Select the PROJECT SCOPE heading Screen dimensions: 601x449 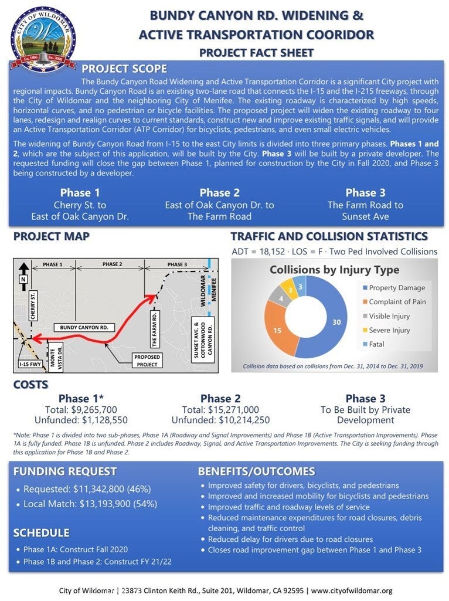pyautogui.click(x=124, y=69)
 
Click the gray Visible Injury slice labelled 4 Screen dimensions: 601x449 pyautogui.click(x=281, y=298)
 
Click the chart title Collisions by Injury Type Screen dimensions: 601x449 pyautogui.click(x=334, y=270)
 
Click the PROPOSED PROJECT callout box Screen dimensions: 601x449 pyautogui.click(x=147, y=360)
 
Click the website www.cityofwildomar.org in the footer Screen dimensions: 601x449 pyautogui.click(x=352, y=590)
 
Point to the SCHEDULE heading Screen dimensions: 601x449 pyautogui.click(x=42, y=532)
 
